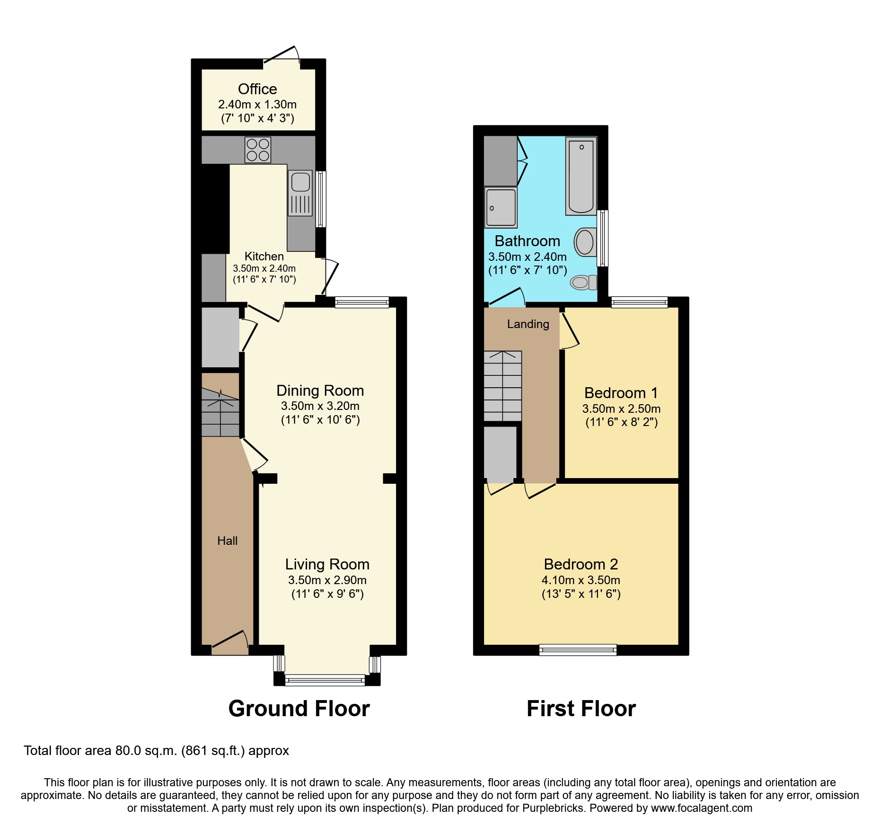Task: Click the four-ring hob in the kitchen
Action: coord(258,150)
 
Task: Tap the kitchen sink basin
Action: coord(300,182)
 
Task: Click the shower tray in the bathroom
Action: coord(501,207)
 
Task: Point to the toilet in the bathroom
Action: coord(583,283)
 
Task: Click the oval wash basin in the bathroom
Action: coord(585,242)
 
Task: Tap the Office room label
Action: coord(257,89)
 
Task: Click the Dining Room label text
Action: coord(320,391)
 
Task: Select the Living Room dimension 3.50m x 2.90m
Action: coord(327,580)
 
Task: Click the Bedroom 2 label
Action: coord(581,564)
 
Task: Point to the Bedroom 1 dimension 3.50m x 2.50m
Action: coord(621,409)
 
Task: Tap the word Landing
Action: coord(528,324)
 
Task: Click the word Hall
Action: coord(227,541)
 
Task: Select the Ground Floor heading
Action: coord(299,709)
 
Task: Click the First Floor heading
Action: coord(581,709)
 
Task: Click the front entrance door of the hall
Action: coord(230,641)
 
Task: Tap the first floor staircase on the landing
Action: coord(502,386)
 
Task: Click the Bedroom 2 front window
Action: coord(578,649)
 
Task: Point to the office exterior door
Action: coord(282,56)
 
